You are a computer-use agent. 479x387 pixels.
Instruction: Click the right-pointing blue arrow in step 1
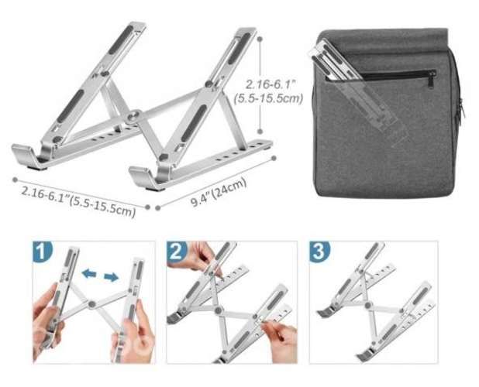point(114,276)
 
